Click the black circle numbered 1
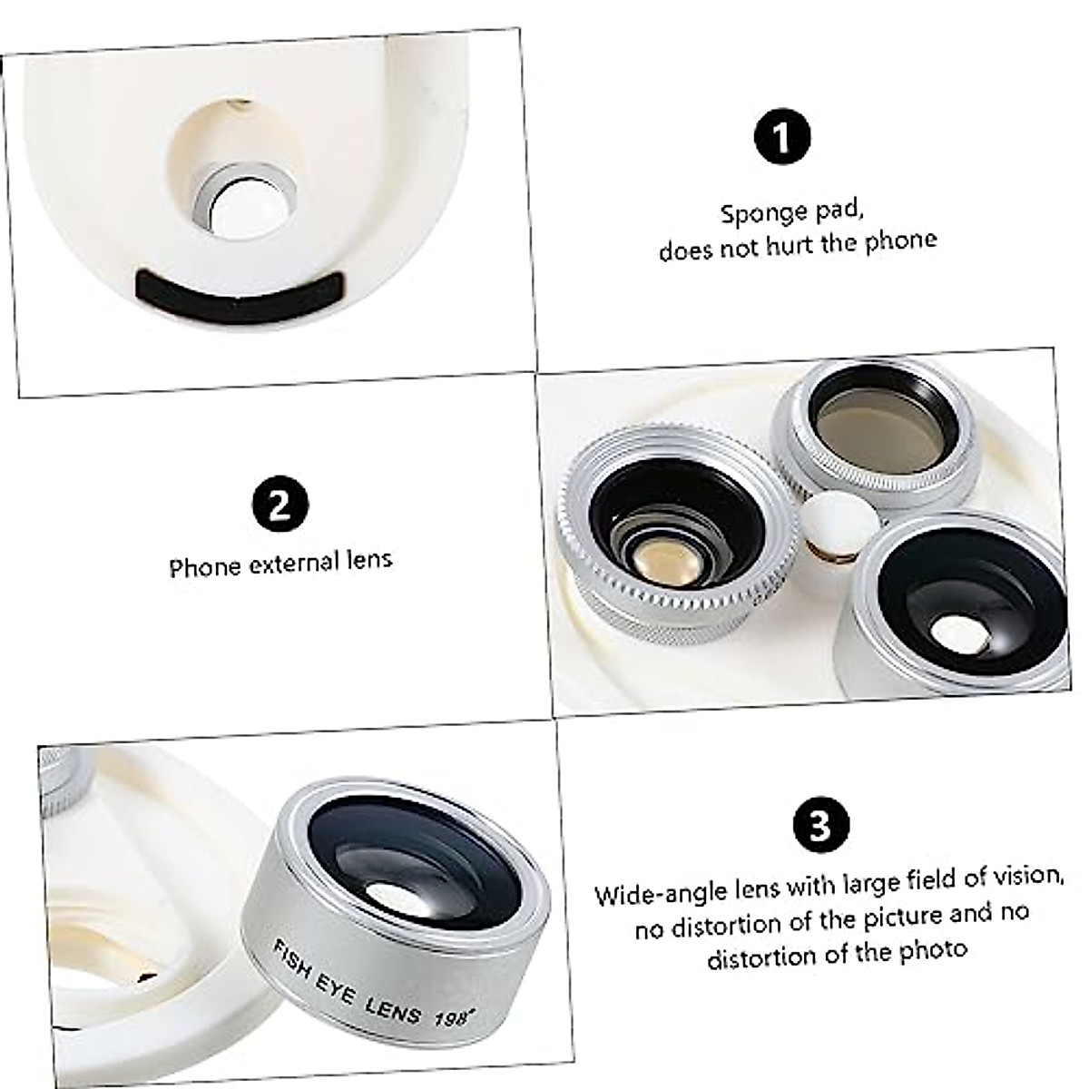click(x=781, y=137)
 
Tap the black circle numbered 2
click(x=280, y=505)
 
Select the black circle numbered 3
click(x=820, y=825)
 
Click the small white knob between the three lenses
click(x=839, y=524)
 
